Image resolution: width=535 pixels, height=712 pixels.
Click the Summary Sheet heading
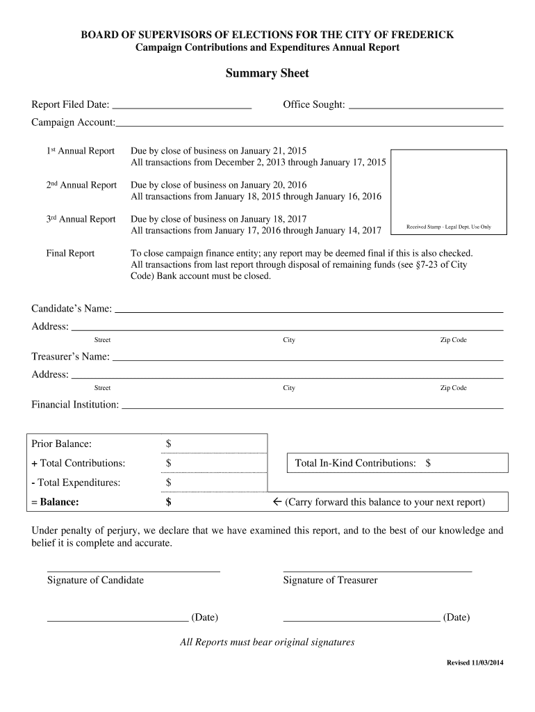[x=267, y=73]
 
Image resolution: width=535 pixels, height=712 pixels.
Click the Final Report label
[x=70, y=253]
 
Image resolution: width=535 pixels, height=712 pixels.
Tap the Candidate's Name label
[x=72, y=309]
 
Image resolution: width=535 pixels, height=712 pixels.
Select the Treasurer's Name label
[x=70, y=357]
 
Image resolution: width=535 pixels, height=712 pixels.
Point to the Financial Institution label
[x=75, y=405]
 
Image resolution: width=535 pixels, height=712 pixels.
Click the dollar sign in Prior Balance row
[x=168, y=444]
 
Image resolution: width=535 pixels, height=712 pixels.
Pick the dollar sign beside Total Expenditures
[x=168, y=483]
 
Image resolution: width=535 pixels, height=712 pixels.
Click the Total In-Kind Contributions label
[x=356, y=463]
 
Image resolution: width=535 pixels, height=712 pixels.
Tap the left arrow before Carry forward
[x=276, y=502]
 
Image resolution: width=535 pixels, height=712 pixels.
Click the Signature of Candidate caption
[x=95, y=580]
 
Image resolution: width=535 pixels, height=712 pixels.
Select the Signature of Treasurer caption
[x=330, y=580]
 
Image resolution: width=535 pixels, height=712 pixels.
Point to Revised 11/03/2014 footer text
[x=474, y=663]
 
